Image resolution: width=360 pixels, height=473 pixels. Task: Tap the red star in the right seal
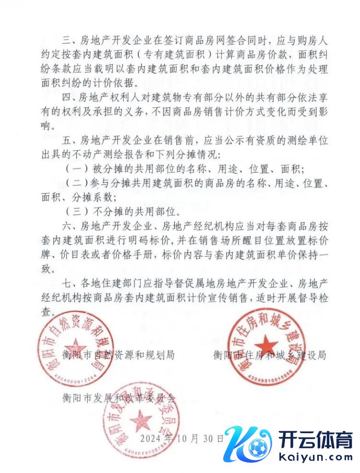(x=266, y=345)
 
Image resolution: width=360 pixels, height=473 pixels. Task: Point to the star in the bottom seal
(x=141, y=421)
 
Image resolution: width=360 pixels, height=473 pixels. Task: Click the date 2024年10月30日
(x=181, y=438)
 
